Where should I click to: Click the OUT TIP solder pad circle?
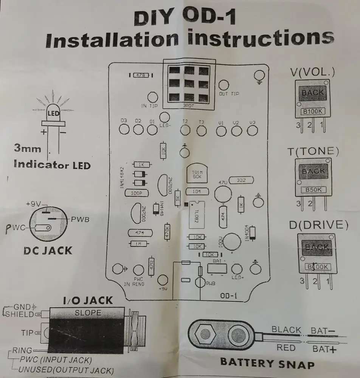point(224,85)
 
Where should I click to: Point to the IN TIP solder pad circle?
point(152,96)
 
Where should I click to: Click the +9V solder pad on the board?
point(163,280)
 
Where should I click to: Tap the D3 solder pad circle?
point(124,130)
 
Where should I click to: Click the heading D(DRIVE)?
point(318,225)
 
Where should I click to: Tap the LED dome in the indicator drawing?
point(53,113)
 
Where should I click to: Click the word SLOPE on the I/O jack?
point(88,313)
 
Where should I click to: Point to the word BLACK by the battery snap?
point(287,330)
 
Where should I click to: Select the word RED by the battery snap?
point(286,347)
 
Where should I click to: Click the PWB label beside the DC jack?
point(80,219)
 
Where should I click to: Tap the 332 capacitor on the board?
point(241,180)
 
